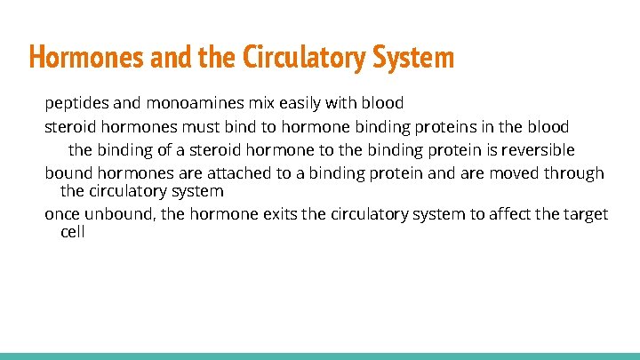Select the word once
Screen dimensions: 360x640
click(x=63, y=214)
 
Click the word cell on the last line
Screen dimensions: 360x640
click(x=72, y=232)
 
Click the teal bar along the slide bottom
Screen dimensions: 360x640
click(x=320, y=356)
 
